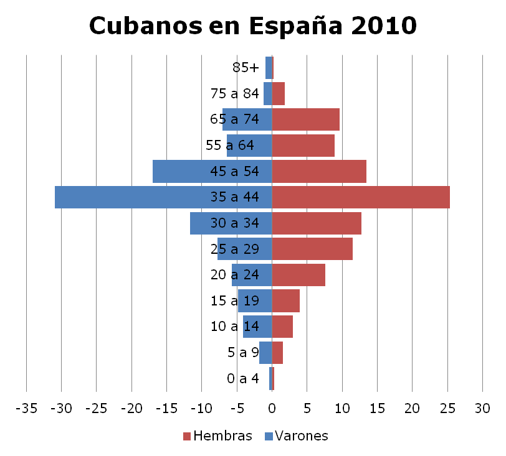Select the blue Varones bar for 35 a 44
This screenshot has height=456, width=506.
pos(163,197)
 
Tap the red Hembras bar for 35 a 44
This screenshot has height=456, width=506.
pos(361,197)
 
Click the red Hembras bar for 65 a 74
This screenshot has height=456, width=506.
pos(306,119)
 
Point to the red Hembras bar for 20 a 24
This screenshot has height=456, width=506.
pos(298,275)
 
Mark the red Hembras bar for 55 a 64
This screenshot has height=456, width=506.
pos(303,145)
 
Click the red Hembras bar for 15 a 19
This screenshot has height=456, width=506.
pos(286,301)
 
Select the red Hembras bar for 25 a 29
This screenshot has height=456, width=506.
pos(312,249)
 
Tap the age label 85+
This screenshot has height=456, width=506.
pos(246,67)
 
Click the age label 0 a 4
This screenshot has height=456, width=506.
pos(243,378)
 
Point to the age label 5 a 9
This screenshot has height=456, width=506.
pos(243,353)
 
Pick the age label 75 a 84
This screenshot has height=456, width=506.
pos(235,93)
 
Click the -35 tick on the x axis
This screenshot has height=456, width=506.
pos(26,409)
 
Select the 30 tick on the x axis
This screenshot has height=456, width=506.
pos(482,409)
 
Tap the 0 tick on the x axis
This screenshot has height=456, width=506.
pos(272,409)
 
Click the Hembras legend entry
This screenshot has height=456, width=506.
pos(217,435)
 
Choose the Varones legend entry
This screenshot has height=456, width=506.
pos(296,435)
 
